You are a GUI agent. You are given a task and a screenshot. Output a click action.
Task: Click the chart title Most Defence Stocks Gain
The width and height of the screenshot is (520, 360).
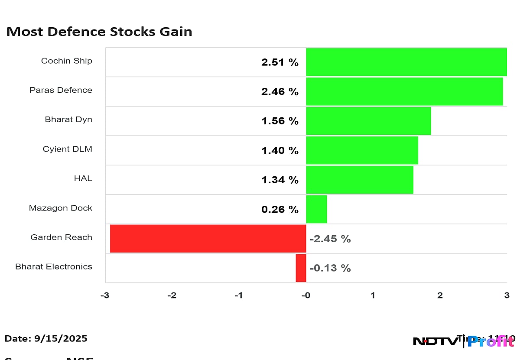[99, 32]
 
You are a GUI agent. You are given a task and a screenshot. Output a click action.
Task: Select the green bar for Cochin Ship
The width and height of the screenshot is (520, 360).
[406, 62]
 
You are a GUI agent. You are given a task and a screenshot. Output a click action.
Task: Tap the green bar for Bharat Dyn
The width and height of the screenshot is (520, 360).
[368, 121]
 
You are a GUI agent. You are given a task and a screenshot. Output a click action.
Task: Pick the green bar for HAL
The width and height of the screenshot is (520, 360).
[359, 180]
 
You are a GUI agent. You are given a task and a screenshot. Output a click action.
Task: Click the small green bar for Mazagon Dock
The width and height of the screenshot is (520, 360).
[316, 209]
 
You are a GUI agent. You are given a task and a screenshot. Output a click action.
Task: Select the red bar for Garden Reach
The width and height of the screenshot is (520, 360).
[208, 238]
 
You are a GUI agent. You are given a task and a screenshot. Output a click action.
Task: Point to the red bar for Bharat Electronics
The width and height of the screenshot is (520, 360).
[301, 268]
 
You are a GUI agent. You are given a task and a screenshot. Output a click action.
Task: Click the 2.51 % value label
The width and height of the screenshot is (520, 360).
[280, 62]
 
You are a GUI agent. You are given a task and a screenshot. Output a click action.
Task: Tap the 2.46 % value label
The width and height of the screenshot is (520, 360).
[280, 92]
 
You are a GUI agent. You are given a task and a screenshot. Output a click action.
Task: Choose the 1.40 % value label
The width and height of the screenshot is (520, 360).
[280, 151]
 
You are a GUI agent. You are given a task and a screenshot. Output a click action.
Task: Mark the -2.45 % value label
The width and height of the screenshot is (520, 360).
[330, 239]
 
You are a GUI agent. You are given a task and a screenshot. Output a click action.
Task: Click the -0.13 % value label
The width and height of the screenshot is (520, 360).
[330, 268]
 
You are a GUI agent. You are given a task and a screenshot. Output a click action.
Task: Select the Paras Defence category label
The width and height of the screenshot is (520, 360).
[61, 90]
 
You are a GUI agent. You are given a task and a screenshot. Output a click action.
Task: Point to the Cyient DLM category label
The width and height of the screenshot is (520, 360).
[67, 149]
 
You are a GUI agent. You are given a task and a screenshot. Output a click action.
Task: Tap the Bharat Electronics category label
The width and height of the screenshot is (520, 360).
[54, 266]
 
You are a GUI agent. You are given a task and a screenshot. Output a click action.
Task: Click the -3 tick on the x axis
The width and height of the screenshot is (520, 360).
[105, 295]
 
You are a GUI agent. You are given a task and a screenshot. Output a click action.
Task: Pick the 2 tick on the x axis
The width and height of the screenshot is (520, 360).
[440, 295]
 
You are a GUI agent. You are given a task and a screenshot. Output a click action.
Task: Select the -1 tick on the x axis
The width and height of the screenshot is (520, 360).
[239, 295]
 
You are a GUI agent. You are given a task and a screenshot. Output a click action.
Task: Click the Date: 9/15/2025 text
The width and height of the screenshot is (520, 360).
[46, 338]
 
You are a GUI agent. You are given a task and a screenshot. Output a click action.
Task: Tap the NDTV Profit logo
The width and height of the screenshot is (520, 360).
[464, 341]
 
